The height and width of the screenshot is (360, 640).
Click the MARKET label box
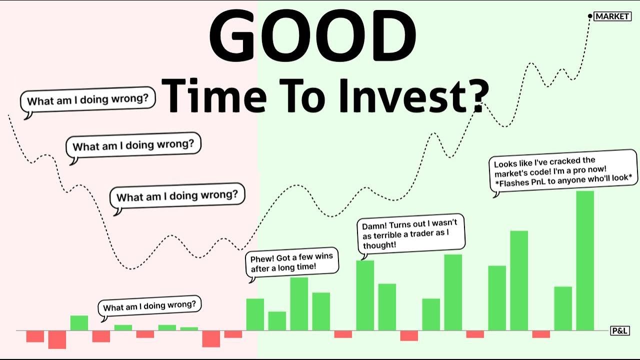612,16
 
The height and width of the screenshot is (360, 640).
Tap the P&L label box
619,330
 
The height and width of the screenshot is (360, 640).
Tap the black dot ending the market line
590,16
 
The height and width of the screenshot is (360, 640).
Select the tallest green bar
585,260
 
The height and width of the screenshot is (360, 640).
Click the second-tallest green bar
519,280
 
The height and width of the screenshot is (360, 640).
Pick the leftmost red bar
35,336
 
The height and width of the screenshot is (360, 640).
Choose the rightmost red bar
541,334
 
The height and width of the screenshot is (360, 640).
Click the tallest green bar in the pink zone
79,323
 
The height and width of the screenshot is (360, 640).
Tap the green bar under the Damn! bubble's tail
365,295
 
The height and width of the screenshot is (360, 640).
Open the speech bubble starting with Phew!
291,262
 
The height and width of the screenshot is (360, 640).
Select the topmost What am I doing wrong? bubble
87,100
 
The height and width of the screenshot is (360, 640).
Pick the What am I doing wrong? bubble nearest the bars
149,305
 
